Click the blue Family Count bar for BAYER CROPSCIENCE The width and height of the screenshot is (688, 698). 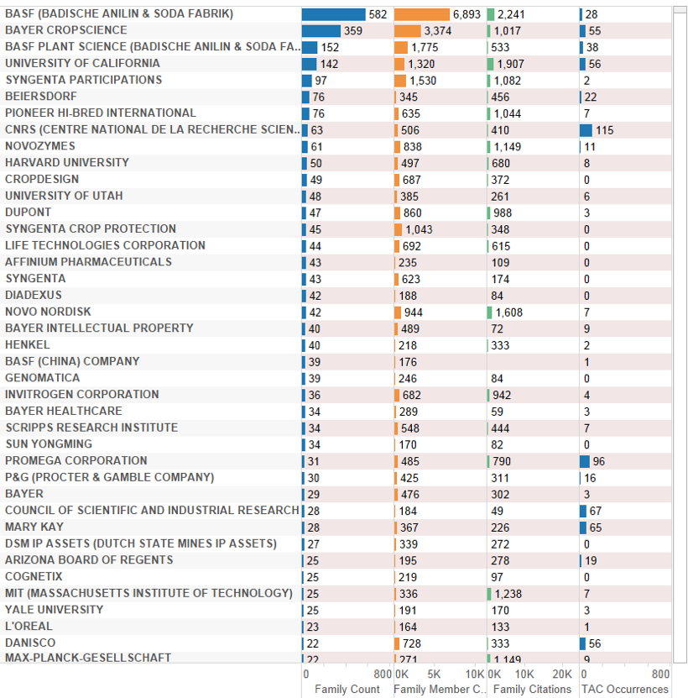(x=321, y=31)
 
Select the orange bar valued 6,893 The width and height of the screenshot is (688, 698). (x=421, y=14)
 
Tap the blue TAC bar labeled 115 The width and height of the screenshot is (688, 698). (x=586, y=130)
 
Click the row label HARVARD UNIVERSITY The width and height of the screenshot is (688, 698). (x=67, y=163)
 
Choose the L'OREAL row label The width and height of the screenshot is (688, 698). (x=29, y=627)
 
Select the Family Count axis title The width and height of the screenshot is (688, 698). (x=347, y=690)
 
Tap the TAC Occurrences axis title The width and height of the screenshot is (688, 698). (x=624, y=690)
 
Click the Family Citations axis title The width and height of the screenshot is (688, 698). (x=532, y=690)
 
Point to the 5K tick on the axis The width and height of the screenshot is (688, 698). (x=434, y=674)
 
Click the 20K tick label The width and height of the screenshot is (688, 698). (x=558, y=674)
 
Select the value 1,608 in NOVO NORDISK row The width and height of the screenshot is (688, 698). (x=509, y=312)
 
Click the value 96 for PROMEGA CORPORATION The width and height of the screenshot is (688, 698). (x=598, y=461)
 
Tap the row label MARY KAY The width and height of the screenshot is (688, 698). (x=34, y=527)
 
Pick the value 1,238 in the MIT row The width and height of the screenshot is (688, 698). (x=509, y=594)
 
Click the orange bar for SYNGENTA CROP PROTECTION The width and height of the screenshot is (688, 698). (x=399, y=229)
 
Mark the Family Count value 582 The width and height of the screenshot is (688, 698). (x=378, y=14)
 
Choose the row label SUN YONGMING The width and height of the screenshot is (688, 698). (x=49, y=444)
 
